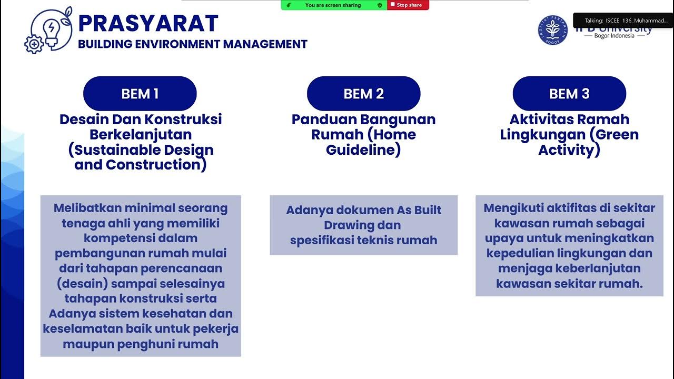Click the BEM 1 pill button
pos(140,94)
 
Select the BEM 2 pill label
pos(363,94)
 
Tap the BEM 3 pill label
pos(569,94)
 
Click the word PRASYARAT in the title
pos(148,24)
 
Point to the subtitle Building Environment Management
pos(193,44)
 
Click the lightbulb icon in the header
pos(52,29)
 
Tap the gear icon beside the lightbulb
pos(34,44)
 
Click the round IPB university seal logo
pos(552,30)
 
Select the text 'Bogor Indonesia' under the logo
pos(614,36)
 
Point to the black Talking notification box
pos(623,21)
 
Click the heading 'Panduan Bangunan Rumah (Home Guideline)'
pos(363,135)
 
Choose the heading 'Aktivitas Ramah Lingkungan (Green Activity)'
pos(569,135)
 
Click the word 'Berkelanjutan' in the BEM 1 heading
pos(141,134)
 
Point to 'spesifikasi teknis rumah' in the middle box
pos(363,241)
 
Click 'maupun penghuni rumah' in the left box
pos(141,344)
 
